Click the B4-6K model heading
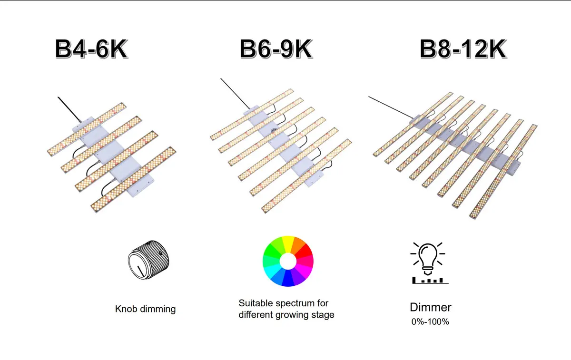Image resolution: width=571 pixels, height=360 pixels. pos(91,49)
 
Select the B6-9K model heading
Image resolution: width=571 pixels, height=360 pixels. pos(276,49)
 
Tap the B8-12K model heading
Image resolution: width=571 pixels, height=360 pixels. pos(463,49)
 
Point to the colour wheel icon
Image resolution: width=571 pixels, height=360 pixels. pos(287,261)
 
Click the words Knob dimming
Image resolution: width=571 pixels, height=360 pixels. pos(145,309)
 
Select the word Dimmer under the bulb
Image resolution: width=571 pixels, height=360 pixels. pos(430,307)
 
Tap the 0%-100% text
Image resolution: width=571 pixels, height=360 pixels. pos(430,321)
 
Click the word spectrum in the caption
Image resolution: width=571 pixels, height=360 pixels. pos(297,303)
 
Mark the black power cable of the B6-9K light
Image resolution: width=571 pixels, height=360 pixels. pos(233,92)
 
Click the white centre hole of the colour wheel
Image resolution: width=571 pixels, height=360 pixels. pos(287,261)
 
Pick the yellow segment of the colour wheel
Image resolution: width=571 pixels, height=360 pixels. pos(287,242)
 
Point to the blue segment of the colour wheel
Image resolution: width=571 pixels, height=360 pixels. pos(287,280)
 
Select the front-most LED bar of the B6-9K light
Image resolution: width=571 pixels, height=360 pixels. pos(307,176)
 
